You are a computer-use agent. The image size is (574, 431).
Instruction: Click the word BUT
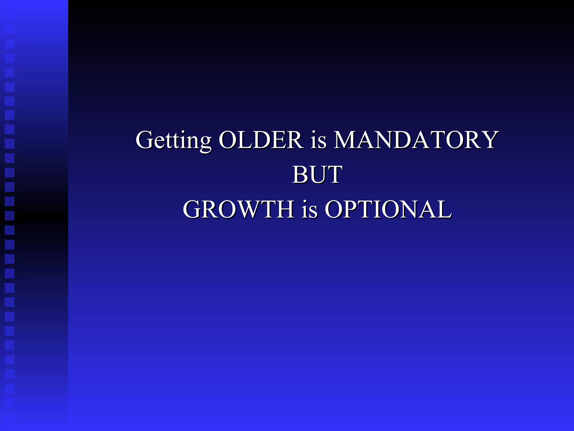pyautogui.click(x=317, y=175)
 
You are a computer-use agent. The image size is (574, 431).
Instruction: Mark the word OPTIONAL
pyautogui.click(x=388, y=209)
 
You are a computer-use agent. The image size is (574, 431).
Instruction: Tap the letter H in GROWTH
pyautogui.click(x=284, y=209)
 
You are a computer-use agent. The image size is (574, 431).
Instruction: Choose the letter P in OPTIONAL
pyautogui.click(x=353, y=209)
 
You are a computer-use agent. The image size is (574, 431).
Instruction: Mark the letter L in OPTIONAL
pyautogui.click(x=444, y=209)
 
